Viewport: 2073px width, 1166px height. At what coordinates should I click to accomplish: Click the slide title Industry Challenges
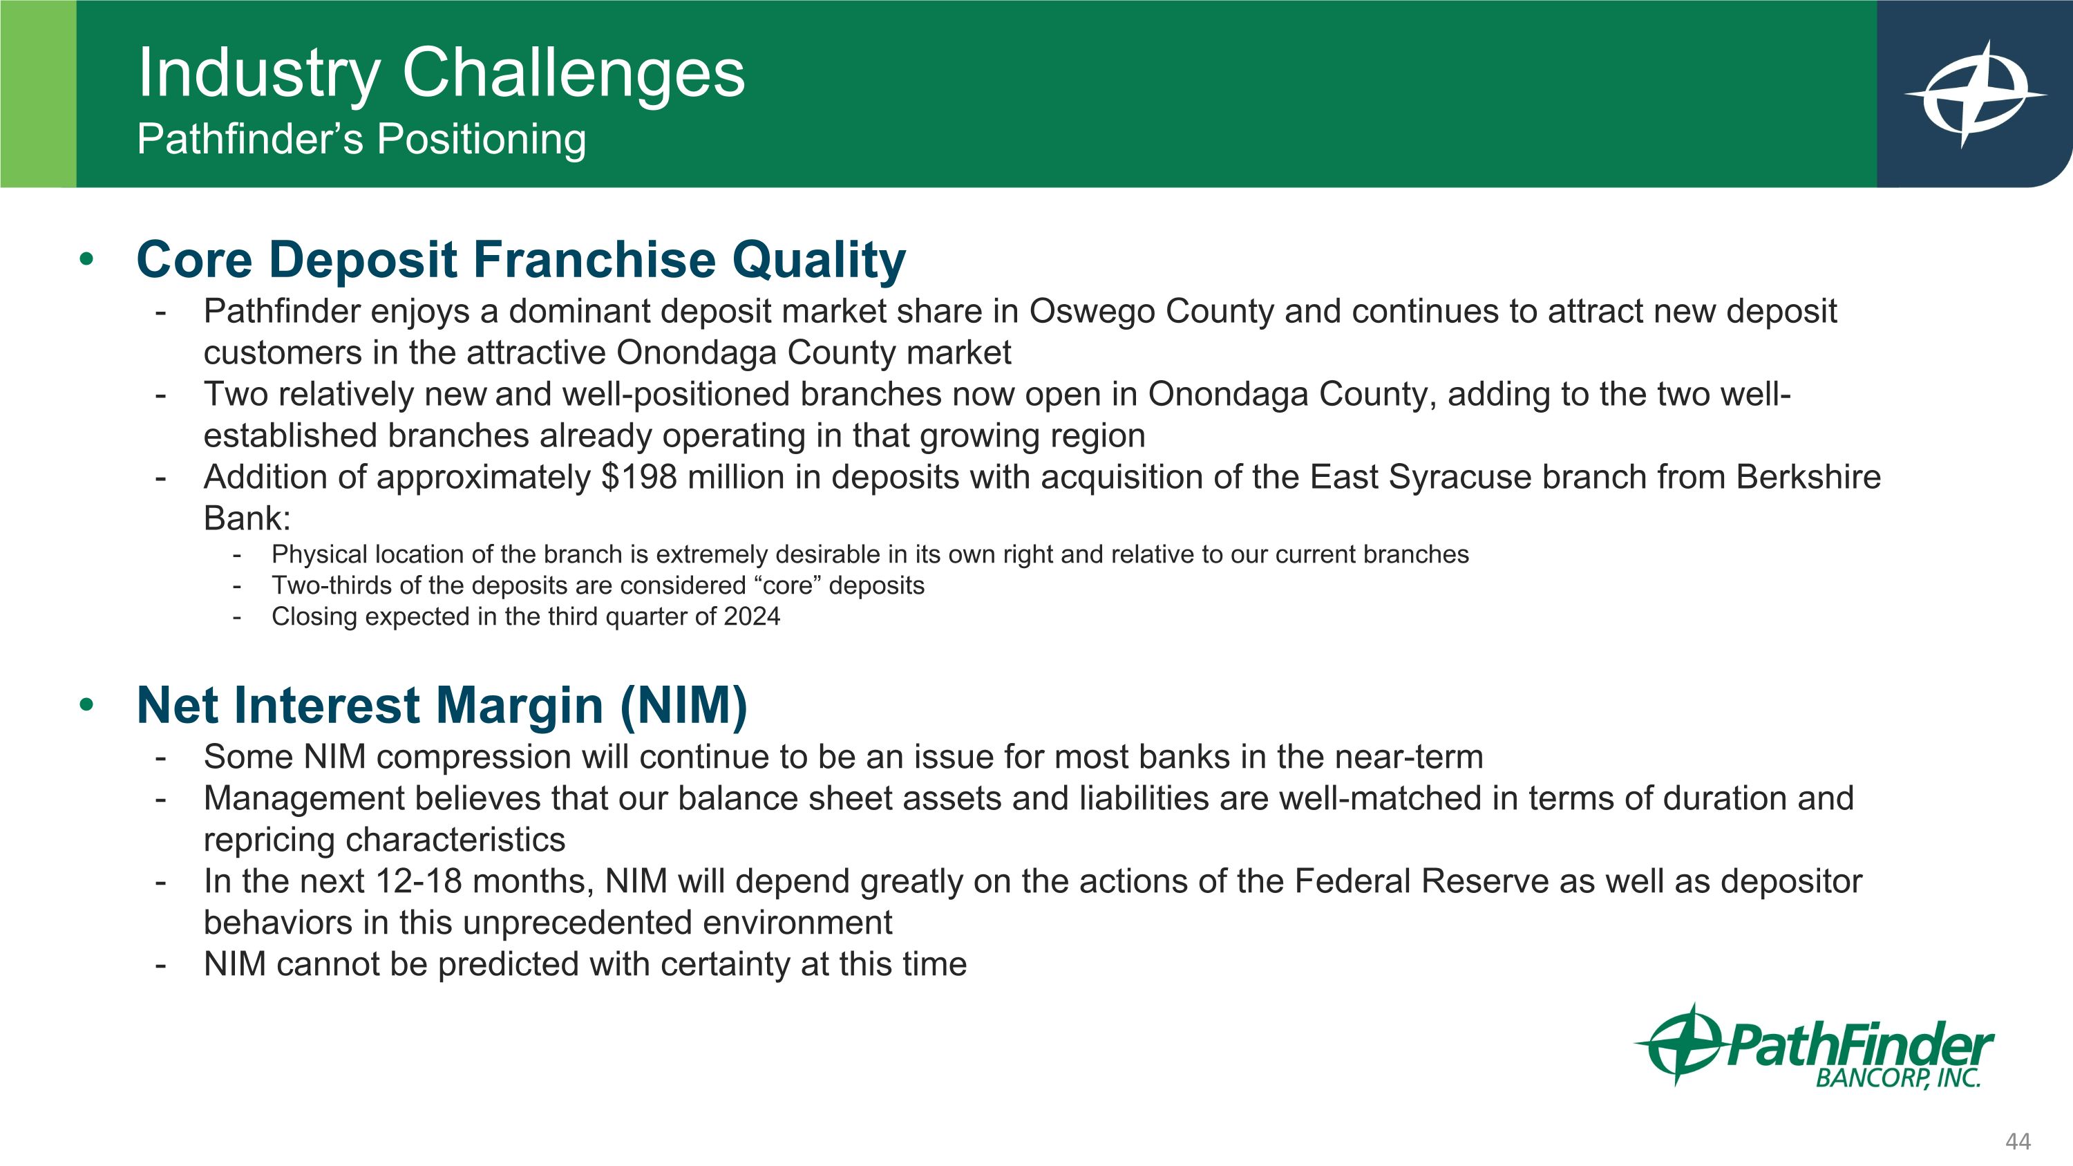[x=442, y=74]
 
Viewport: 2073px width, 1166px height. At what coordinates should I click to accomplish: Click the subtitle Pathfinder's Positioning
[x=361, y=139]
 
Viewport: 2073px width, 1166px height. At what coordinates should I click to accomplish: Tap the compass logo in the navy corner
[x=1975, y=94]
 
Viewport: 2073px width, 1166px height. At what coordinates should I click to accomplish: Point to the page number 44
[x=2018, y=1141]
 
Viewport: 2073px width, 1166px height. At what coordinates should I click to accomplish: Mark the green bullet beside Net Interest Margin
[x=86, y=706]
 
